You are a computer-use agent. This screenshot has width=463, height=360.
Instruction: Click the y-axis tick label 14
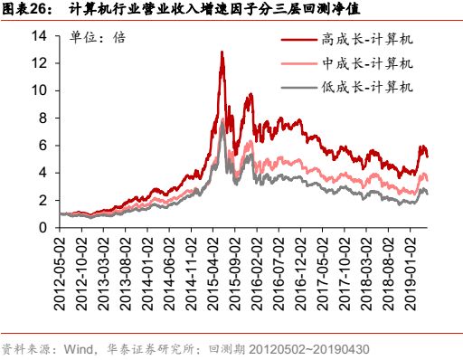pos(39,36)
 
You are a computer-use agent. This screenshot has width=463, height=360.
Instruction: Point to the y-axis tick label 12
pos(39,63)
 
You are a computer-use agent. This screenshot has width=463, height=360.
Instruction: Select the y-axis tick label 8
pos(43,118)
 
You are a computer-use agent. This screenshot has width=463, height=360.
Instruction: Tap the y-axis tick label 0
pos(43,228)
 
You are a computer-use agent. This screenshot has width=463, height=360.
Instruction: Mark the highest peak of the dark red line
pos(222,52)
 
